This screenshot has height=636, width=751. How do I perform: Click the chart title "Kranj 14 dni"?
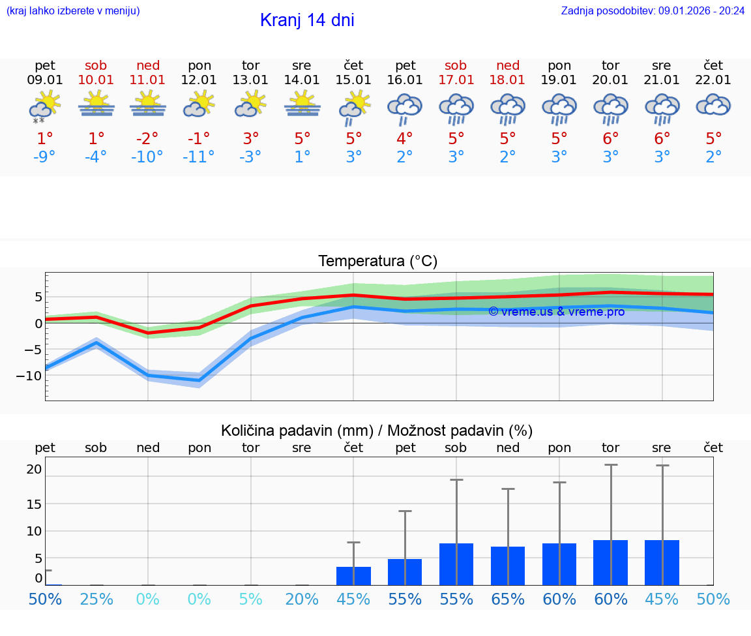[307, 20]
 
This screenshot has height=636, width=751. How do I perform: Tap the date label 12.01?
[199, 80]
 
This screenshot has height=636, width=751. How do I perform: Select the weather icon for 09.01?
[44, 106]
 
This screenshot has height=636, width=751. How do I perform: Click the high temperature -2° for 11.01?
[147, 138]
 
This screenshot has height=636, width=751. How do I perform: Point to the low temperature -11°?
[199, 157]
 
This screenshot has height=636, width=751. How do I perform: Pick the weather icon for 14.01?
[302, 104]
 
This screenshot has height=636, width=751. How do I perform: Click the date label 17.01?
[456, 80]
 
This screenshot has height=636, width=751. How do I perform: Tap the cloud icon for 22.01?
[713, 104]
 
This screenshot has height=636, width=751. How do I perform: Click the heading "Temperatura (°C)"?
[377, 262]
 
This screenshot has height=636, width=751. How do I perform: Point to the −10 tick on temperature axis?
[29, 376]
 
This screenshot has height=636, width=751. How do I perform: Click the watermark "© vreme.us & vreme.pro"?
[556, 312]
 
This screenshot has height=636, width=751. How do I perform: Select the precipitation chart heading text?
[377, 431]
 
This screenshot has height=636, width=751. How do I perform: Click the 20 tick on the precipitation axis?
[34, 469]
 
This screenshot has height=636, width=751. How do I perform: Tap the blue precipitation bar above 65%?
[508, 566]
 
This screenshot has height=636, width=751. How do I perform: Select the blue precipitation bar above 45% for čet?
[353, 575]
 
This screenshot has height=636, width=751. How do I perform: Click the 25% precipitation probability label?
[96, 599]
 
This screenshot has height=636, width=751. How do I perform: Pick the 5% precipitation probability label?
[250, 599]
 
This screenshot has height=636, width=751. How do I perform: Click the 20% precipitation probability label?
[302, 599]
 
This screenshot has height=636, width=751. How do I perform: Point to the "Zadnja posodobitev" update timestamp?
[653, 10]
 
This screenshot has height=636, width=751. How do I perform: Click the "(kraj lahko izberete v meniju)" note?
[73, 10]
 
